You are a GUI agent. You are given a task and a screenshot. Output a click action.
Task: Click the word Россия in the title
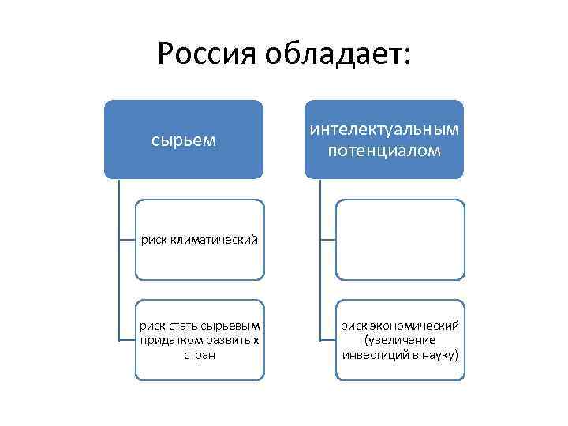click(207, 54)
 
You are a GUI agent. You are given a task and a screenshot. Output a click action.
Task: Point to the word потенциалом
click(385, 150)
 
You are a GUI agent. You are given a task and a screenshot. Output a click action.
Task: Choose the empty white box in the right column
click(400, 239)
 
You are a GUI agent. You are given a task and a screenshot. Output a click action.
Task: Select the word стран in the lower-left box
click(199, 355)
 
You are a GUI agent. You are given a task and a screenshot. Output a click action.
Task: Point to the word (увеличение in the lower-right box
click(400, 340)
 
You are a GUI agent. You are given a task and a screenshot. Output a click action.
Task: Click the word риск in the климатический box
click(153, 240)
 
